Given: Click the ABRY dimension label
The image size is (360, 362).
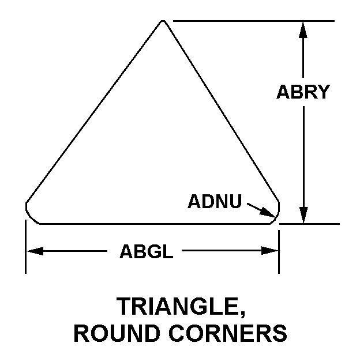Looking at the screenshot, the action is tap(303, 92).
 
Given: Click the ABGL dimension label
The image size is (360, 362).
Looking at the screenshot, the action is tap(147, 251).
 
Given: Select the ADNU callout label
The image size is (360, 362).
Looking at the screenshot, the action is tap(215, 201).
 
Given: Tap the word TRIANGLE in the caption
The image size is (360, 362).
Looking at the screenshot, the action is tap(178, 306).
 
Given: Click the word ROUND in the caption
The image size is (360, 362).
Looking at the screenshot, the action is tap(117, 333).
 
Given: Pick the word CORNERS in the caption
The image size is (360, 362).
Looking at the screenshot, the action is tap(228, 333).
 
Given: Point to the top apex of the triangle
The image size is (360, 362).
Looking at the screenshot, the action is tap(163, 21).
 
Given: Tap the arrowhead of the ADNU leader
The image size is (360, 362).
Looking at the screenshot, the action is tap(268, 212).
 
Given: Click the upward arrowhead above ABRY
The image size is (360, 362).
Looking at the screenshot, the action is tap(303, 29).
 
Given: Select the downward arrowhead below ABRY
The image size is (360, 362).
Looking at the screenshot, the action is tap(303, 215).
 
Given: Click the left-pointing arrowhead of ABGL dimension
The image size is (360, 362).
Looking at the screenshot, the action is tap(35, 251).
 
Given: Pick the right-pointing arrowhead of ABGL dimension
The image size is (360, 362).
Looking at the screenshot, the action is tap(270, 251).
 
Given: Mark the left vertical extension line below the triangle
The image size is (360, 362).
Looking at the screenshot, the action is tap(25, 247).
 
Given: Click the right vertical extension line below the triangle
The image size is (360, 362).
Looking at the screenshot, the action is tap(279, 252).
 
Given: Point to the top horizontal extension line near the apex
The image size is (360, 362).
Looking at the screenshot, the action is tap(254, 21).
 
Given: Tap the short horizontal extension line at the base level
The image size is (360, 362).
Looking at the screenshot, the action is tap(310, 224).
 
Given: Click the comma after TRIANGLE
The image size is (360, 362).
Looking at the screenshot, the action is tap(242, 314).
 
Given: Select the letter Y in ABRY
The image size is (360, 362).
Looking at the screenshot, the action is tap(323, 92).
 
